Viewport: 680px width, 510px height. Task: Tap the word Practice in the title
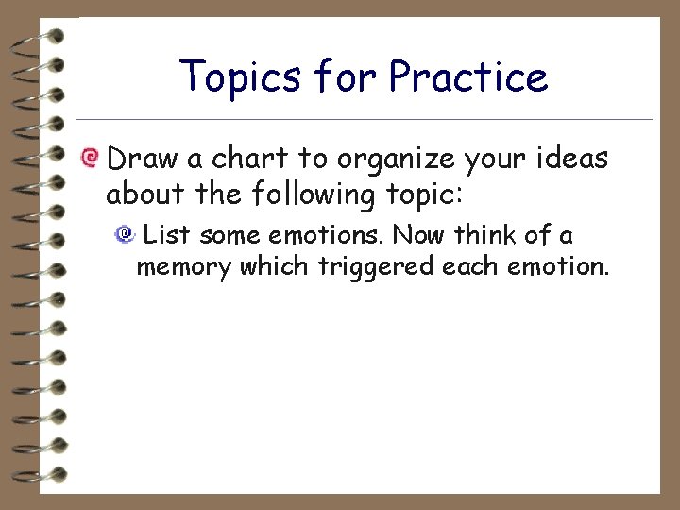click(467, 76)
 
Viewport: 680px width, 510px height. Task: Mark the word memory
click(183, 267)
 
